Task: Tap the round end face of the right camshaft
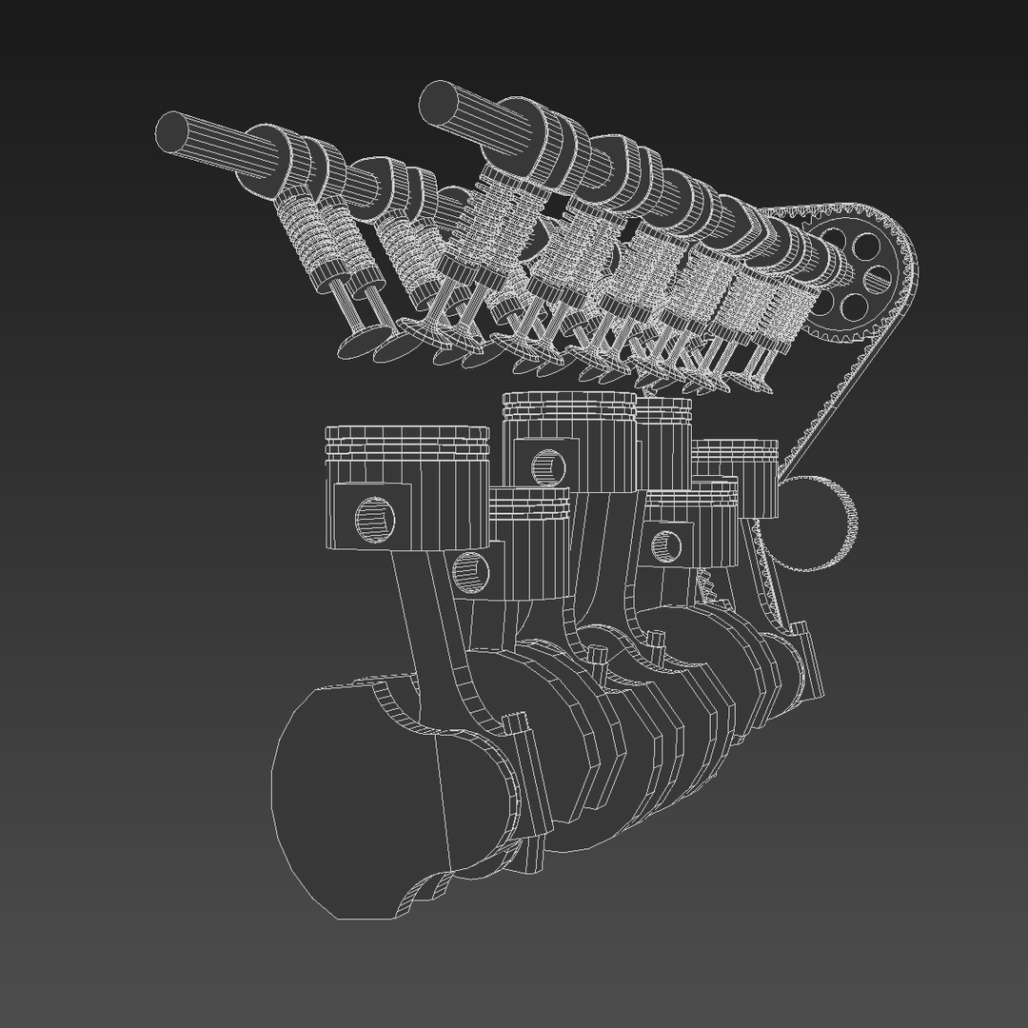coord(439,101)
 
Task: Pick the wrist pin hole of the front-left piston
coord(374,517)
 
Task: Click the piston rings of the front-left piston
coord(406,439)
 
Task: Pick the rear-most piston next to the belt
coord(742,476)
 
